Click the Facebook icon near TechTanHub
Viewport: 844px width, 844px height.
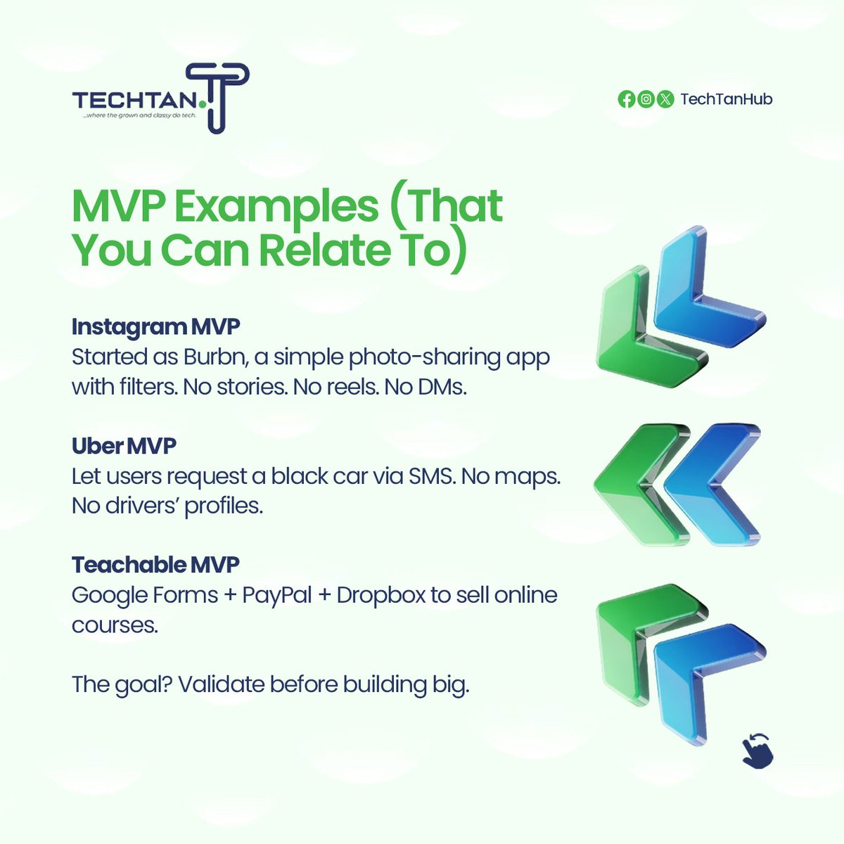click(626, 99)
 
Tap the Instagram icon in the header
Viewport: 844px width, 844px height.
click(646, 99)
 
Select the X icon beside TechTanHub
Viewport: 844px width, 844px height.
click(665, 99)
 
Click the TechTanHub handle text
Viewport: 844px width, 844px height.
click(726, 99)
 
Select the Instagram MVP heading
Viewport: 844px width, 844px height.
click(155, 327)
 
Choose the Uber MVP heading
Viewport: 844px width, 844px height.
click(124, 446)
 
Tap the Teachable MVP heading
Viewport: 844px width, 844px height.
click(155, 565)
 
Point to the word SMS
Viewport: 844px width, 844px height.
click(425, 476)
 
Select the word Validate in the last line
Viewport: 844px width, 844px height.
click(221, 684)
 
